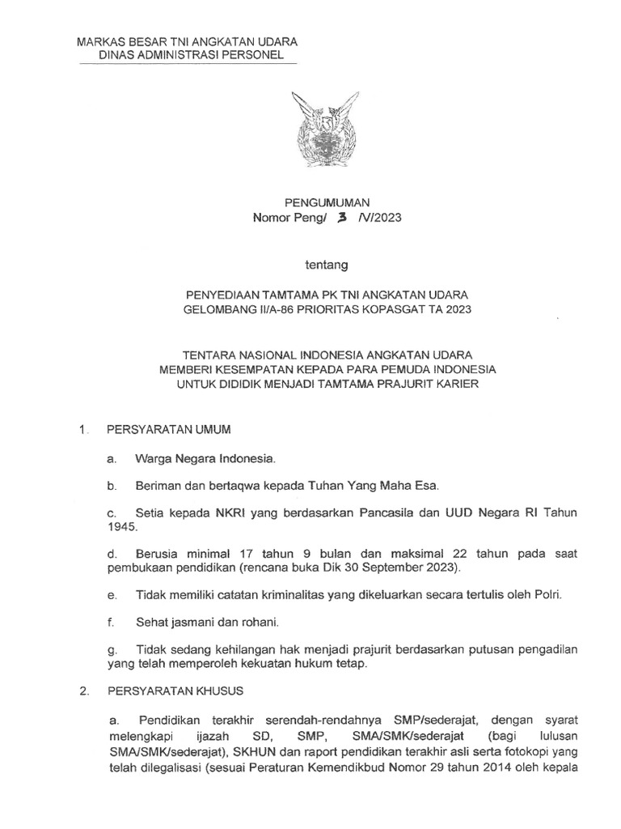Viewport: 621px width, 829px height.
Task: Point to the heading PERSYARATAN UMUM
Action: click(x=163, y=428)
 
